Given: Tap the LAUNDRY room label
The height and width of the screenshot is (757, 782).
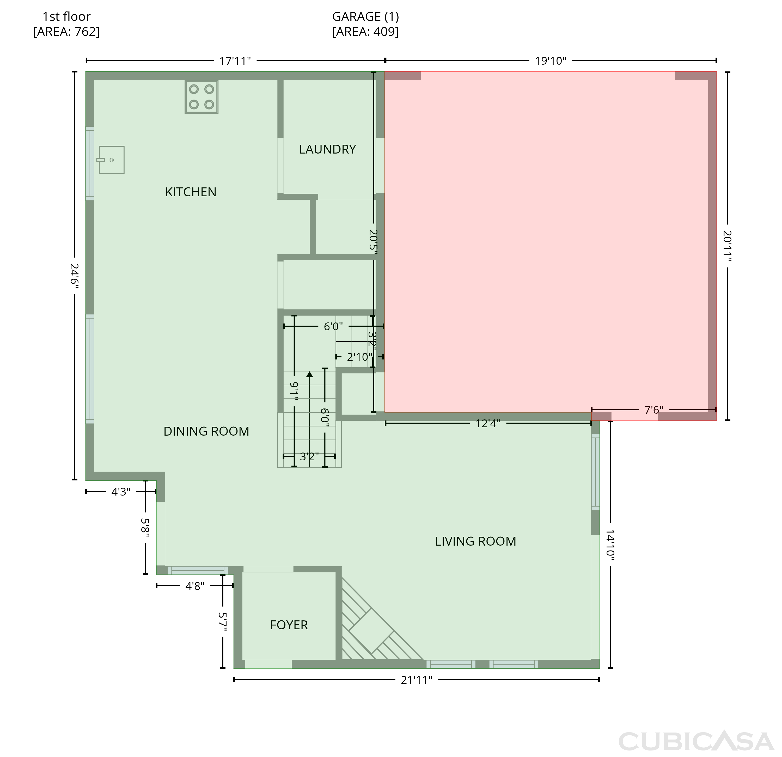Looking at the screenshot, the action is (x=328, y=150).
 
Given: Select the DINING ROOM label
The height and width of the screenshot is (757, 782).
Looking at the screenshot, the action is (x=206, y=431).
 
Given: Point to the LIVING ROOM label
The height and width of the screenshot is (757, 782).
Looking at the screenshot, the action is (x=475, y=541).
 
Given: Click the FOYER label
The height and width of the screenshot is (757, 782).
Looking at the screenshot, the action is (x=289, y=625).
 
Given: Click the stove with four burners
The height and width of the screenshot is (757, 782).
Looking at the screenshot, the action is (x=201, y=97).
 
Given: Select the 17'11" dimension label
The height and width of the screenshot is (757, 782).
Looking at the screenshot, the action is (x=235, y=61).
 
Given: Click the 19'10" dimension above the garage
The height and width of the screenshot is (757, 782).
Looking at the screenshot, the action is (x=551, y=61).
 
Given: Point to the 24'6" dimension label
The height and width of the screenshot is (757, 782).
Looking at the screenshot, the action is (x=75, y=275).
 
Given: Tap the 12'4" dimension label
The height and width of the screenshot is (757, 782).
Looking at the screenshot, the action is (x=488, y=423).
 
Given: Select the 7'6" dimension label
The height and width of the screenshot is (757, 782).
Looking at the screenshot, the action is (x=654, y=410).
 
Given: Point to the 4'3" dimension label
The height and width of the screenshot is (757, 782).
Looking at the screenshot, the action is (x=121, y=492).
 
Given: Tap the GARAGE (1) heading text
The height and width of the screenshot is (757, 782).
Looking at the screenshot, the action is (x=365, y=17).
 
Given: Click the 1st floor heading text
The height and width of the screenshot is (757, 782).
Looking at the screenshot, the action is (x=67, y=17).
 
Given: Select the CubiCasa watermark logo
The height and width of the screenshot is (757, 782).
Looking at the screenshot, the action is (x=696, y=741).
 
